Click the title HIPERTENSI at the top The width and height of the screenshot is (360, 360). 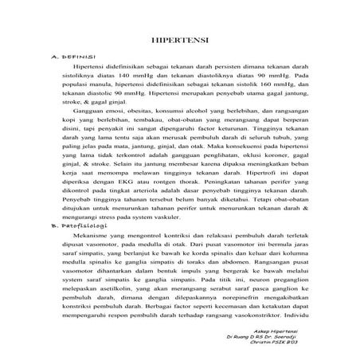click(180, 39)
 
